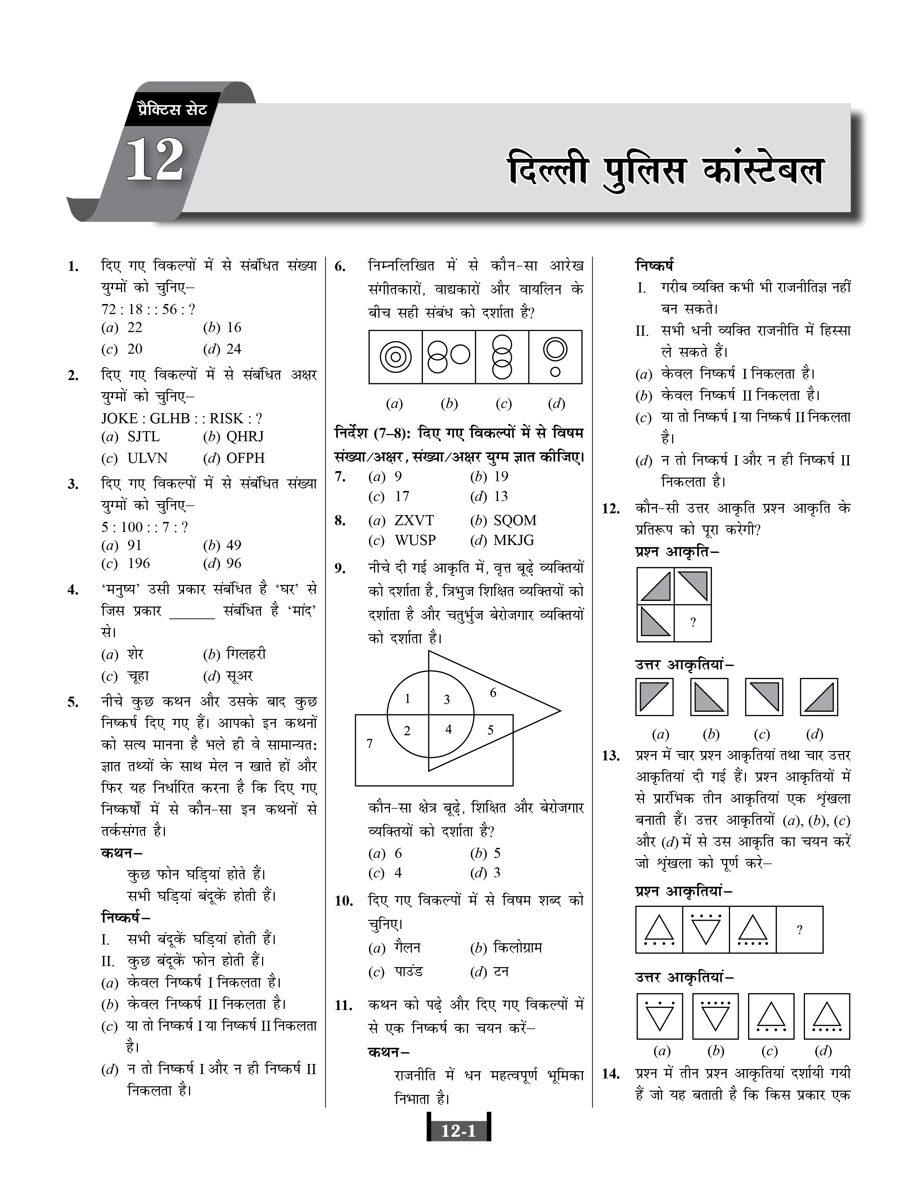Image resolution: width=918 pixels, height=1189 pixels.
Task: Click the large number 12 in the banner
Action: coord(155,161)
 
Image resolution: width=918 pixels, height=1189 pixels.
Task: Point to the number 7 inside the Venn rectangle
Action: coord(369,743)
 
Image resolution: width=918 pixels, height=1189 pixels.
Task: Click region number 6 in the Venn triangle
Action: coord(493,693)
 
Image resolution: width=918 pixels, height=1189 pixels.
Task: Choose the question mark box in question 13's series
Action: coord(799,930)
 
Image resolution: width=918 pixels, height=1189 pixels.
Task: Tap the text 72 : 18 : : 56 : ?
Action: coord(148,309)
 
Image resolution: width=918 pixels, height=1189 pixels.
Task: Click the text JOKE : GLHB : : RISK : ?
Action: coord(182,418)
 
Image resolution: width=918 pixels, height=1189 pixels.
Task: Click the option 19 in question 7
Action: coord(501,477)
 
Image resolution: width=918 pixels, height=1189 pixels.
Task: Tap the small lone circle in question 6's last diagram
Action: coord(555,372)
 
